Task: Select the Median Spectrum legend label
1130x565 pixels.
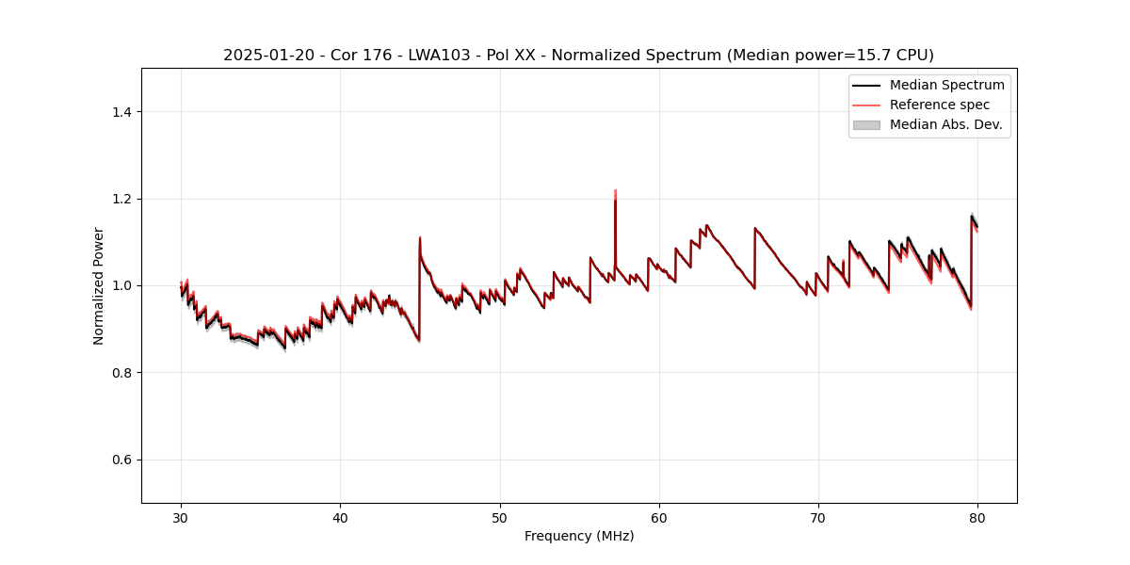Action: click(946, 85)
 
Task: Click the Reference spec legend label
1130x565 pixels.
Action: click(940, 105)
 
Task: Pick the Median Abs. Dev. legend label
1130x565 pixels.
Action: click(945, 124)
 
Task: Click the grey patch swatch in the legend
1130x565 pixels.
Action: click(866, 124)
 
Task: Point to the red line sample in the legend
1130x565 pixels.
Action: click(866, 105)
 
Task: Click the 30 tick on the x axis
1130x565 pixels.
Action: click(181, 517)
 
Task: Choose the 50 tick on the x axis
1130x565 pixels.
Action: click(500, 517)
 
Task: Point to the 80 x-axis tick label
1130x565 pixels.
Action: click(977, 517)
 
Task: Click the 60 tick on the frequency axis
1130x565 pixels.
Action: click(659, 517)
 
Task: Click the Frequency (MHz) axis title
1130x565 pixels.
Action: click(579, 536)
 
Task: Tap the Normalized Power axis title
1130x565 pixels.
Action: click(99, 285)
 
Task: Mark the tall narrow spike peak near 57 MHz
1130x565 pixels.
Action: click(615, 191)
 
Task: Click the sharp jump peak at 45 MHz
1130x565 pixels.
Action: click(420, 237)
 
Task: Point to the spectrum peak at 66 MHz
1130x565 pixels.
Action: click(755, 228)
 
